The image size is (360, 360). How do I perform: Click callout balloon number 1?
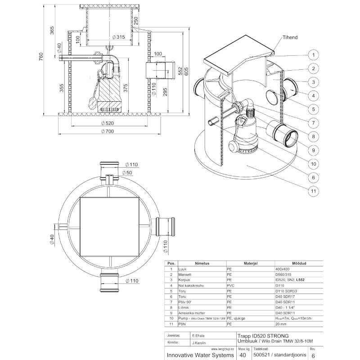coord(311,55)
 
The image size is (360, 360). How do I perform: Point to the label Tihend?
coord(290,38)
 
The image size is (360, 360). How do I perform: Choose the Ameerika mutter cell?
coord(191,313)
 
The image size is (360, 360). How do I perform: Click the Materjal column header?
coord(249,263)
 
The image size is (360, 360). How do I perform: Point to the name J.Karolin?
coord(199,342)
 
